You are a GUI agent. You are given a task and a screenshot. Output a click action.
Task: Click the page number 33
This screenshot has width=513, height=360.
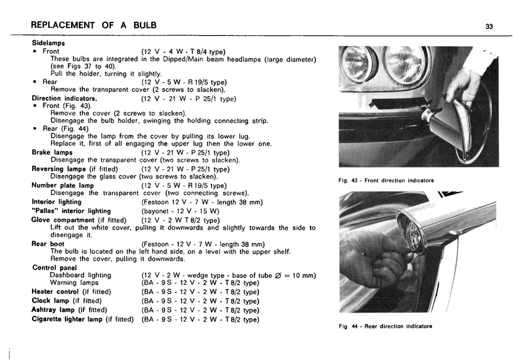pyautogui.click(x=489, y=26)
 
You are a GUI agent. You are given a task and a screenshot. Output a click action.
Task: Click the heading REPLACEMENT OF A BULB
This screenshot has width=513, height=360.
pyautogui.click(x=94, y=26)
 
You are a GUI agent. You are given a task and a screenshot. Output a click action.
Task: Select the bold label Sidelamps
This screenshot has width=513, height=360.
pyautogui.click(x=48, y=42)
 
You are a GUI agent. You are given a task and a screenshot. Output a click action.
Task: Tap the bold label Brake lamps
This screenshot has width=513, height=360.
pyautogui.click(x=52, y=153)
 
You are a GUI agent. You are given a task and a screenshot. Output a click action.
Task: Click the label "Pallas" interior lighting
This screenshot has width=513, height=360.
pyautogui.click(x=71, y=210)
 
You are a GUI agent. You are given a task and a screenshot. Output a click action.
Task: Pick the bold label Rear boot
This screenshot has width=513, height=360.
pyautogui.click(x=48, y=244)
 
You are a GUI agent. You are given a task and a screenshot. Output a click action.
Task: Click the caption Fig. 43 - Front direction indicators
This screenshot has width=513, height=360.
pyautogui.click(x=386, y=180)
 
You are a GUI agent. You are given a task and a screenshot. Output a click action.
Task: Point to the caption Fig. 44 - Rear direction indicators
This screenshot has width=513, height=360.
pyautogui.click(x=385, y=327)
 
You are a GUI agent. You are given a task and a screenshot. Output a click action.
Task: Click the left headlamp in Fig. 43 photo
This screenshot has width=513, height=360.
pyautogui.click(x=357, y=64)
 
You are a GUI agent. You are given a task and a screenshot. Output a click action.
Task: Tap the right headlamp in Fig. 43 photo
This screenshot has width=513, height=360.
pyautogui.click(x=405, y=65)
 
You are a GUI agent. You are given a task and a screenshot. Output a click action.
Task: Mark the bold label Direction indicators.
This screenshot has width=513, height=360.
pyautogui.click(x=64, y=99)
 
